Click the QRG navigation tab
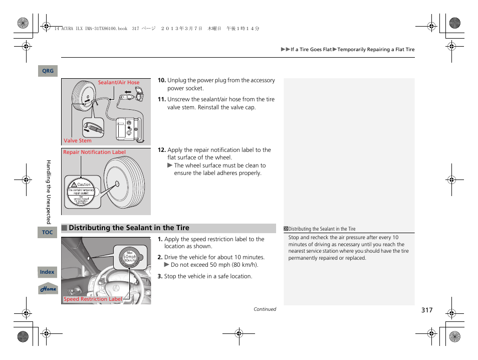coord(48,71)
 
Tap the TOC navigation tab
coord(48,232)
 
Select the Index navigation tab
coord(47,272)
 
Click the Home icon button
coord(48,289)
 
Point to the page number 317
coord(426,310)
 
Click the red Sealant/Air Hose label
coord(119,83)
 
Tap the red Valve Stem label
coord(78,141)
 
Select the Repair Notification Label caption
coord(94,152)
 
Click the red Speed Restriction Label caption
coord(93,299)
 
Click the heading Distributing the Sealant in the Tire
coord(129,228)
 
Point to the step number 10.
coord(161,80)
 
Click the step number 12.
coord(161,150)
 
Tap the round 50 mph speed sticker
coord(130,257)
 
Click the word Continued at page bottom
coord(265,309)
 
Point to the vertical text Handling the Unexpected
coord(49,192)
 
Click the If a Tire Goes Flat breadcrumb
coord(311,50)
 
